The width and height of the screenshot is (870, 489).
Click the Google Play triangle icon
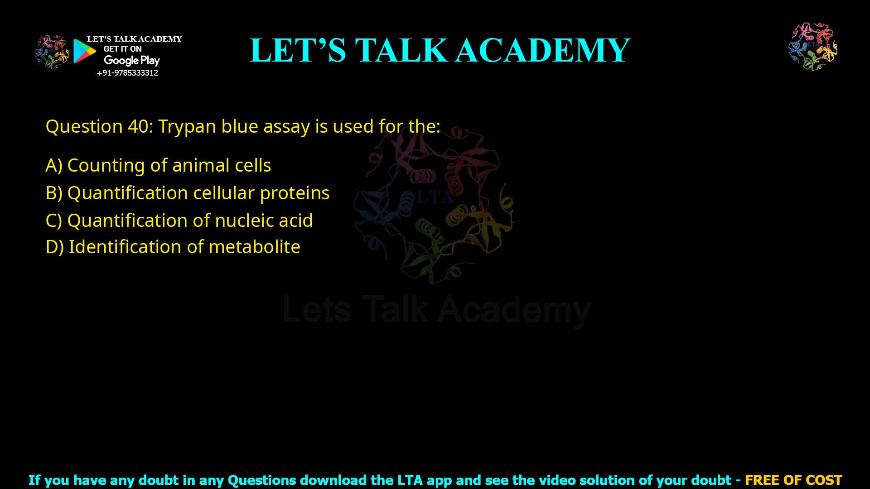[84, 51]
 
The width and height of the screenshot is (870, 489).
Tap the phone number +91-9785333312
[128, 73]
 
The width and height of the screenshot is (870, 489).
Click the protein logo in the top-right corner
[813, 46]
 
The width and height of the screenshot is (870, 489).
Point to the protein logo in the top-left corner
[52, 52]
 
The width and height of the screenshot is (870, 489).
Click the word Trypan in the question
[187, 127]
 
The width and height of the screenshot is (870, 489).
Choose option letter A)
[53, 166]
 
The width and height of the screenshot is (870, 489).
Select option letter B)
[53, 193]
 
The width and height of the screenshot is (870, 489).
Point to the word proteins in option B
[295, 193]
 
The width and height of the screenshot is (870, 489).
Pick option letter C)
[53, 221]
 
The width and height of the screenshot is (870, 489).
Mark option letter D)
[54, 247]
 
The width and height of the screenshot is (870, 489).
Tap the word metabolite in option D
[254, 247]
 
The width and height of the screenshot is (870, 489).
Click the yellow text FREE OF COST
[793, 480]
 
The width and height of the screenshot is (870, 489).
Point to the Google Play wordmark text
[131, 61]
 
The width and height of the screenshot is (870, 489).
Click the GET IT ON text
[122, 49]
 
